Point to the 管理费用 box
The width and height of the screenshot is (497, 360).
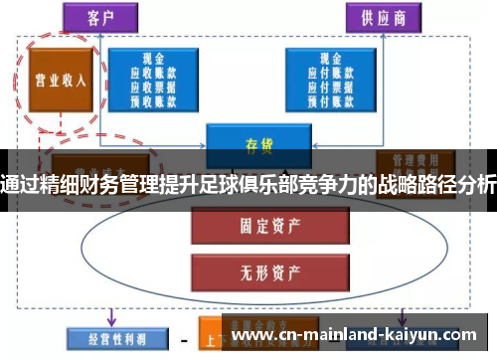(x=416, y=159)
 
